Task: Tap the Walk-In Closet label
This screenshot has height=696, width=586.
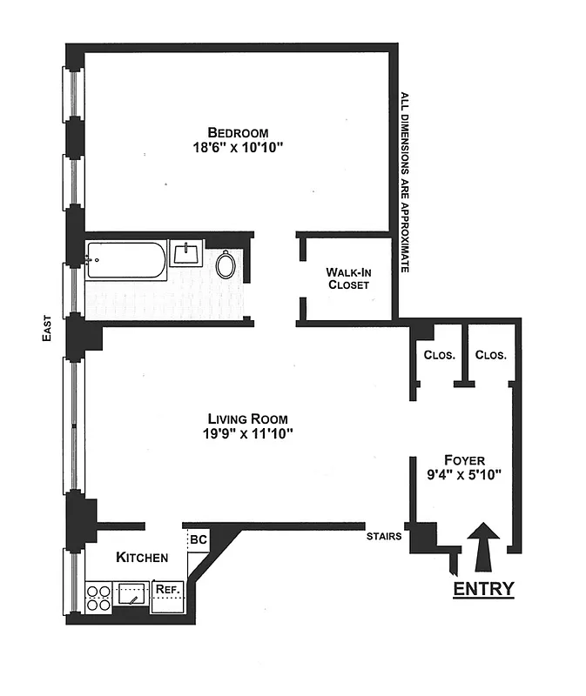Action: pos(348,278)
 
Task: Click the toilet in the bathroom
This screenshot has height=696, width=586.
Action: pos(226,264)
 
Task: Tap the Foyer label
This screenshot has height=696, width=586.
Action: pos(464,460)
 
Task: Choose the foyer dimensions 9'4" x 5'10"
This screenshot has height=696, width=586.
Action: pos(464,476)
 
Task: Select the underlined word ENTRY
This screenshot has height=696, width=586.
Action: pos(483,589)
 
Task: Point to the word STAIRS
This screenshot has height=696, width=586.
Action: pos(384,536)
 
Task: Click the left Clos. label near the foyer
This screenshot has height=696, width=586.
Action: pos(440,355)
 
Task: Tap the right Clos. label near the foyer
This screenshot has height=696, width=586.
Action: pos(491,355)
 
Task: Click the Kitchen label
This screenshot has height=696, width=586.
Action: pos(142,557)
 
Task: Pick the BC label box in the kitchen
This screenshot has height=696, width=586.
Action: pos(198,539)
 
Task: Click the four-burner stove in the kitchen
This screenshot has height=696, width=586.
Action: pos(98,597)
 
